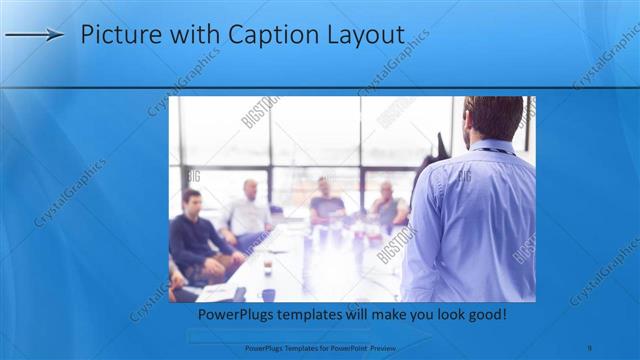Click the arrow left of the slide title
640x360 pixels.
click(34, 35)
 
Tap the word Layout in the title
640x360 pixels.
click(364, 35)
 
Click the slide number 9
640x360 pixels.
click(590, 347)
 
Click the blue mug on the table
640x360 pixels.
click(268, 294)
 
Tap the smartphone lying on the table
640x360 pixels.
click(239, 293)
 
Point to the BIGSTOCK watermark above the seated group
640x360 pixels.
click(261, 112)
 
